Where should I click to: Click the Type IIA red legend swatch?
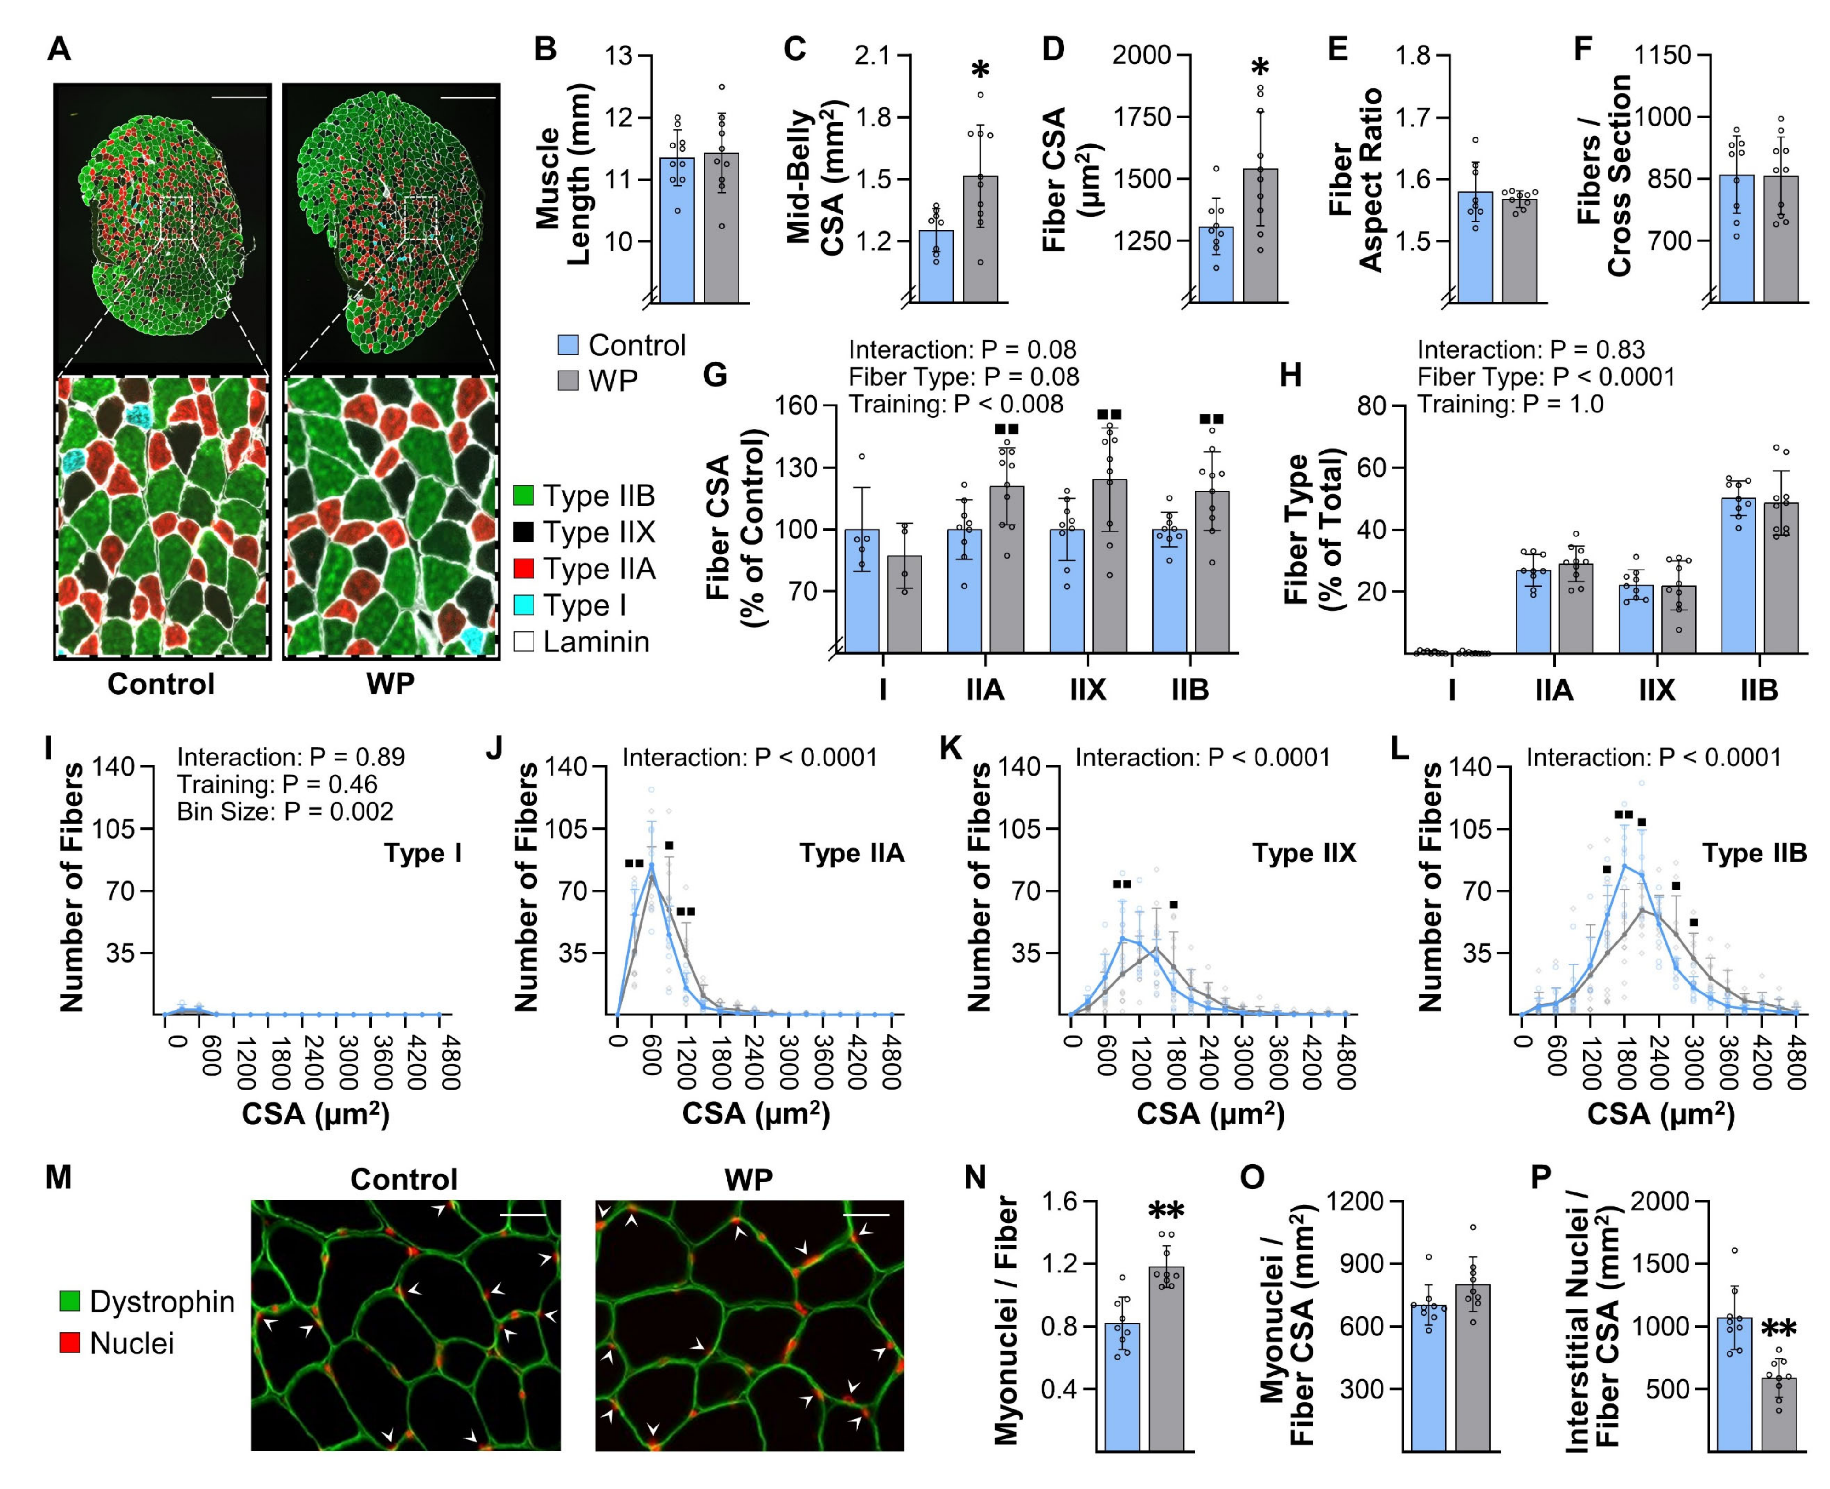tap(523, 569)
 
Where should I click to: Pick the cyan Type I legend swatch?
tap(523, 605)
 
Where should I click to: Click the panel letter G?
tap(714, 376)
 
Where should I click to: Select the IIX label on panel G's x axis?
tap(1087, 690)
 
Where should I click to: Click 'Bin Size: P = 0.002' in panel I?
tap(285, 811)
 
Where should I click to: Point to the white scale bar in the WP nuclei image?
tap(866, 1215)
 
